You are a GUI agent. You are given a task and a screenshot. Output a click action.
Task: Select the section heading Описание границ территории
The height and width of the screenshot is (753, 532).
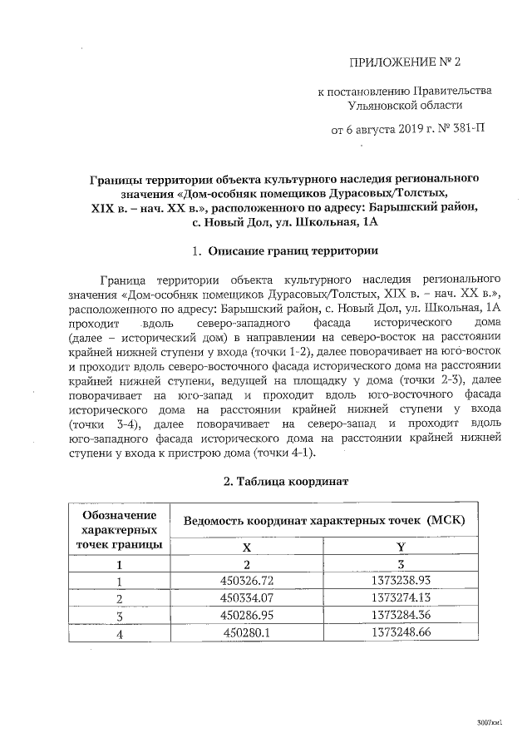(293, 250)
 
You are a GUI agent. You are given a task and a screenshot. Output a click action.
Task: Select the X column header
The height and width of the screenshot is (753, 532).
(246, 547)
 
